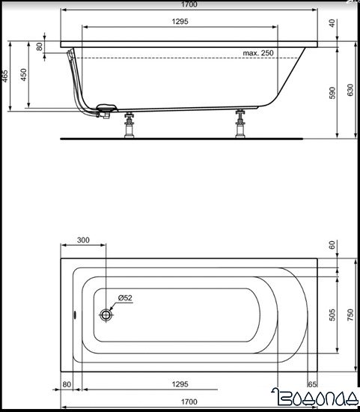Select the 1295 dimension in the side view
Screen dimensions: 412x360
(x=180, y=22)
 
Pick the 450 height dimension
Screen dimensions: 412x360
(x=24, y=75)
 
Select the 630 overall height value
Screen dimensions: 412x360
(x=350, y=90)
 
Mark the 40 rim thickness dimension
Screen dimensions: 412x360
(x=332, y=22)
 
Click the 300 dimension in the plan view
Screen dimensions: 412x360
(x=82, y=240)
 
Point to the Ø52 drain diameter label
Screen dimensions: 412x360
(x=123, y=299)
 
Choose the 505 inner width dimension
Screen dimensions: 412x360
(x=332, y=315)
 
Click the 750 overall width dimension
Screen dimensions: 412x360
(x=350, y=315)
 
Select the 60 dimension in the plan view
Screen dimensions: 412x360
(x=332, y=245)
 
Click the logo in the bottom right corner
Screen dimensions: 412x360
(x=318, y=401)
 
